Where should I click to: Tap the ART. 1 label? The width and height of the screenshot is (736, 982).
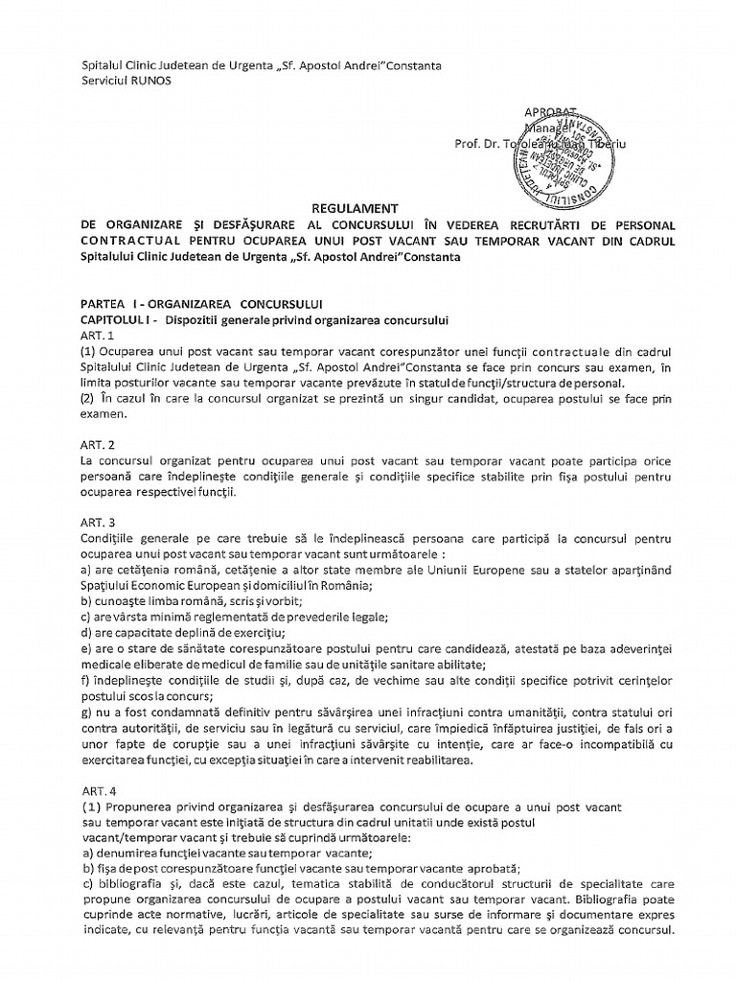97,335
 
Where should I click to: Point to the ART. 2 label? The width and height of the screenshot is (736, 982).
97,445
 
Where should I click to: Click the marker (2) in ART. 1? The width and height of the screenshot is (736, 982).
91,398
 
